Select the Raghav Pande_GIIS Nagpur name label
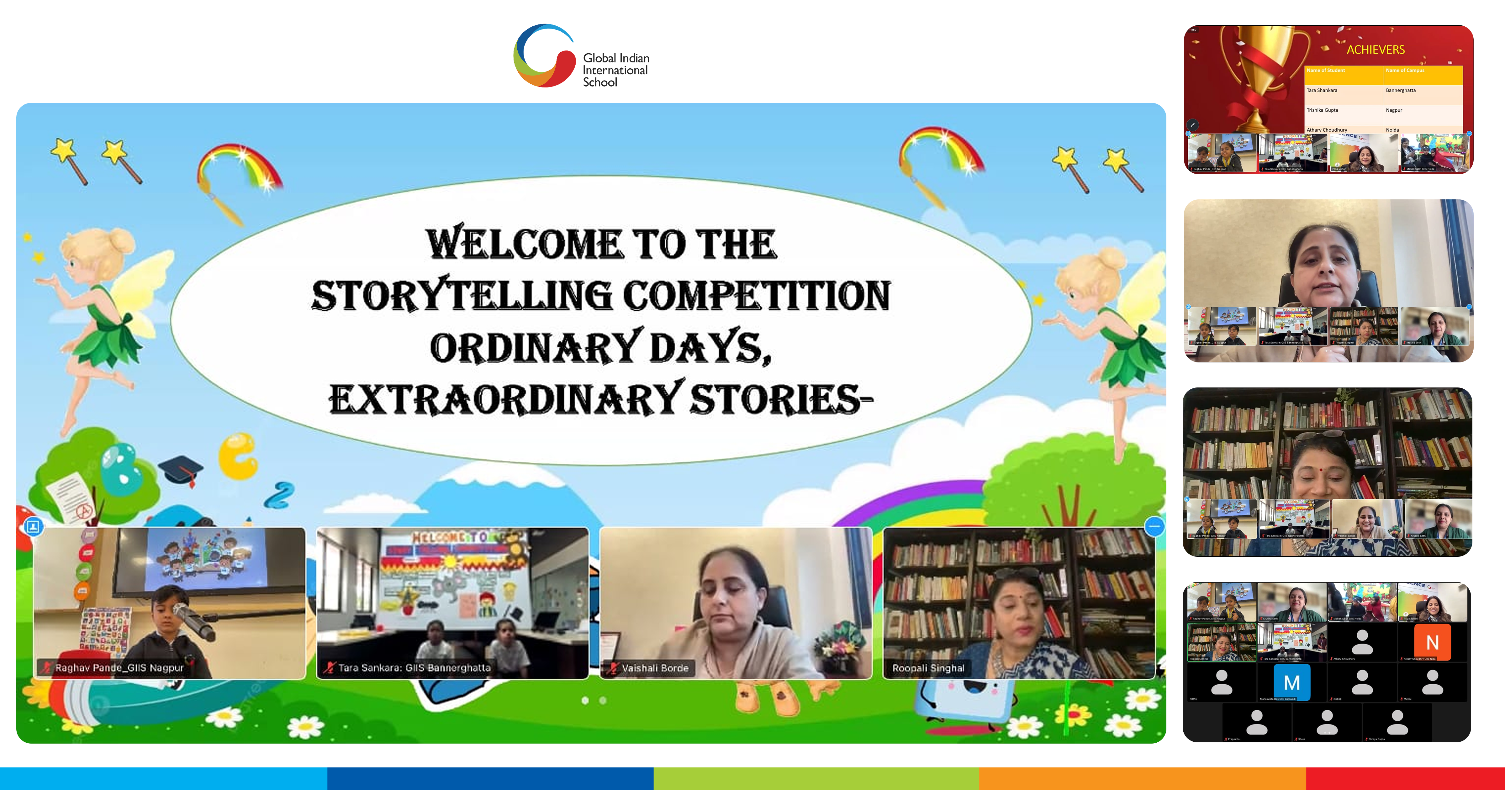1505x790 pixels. click(x=119, y=668)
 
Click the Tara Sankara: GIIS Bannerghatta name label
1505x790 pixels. click(x=414, y=668)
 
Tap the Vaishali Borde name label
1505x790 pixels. click(x=654, y=668)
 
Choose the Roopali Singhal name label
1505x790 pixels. click(x=928, y=668)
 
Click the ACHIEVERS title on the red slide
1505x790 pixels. click(x=1375, y=50)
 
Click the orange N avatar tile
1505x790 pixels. click(x=1432, y=642)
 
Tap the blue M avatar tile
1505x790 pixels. click(x=1292, y=682)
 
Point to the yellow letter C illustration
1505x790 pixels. click(x=238, y=456)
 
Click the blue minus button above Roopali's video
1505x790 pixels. click(x=1154, y=526)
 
